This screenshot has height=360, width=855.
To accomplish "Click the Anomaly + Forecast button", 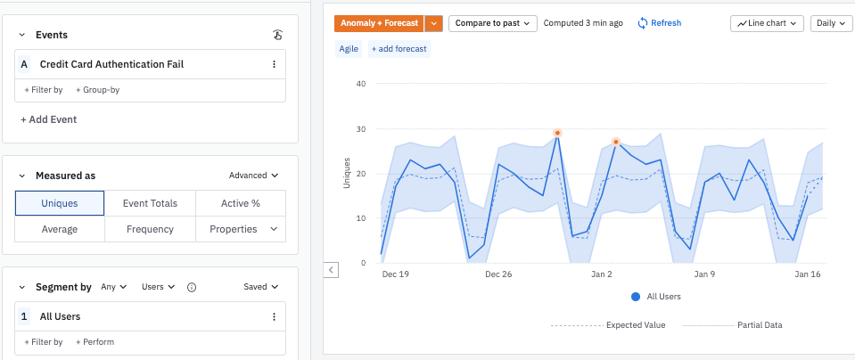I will pos(378,23).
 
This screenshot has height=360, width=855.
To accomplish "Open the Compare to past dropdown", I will pos(492,23).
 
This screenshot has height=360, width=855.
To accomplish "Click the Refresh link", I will pos(659,23).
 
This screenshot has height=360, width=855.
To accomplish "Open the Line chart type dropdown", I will pos(767,23).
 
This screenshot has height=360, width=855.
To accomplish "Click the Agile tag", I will pos(349,49).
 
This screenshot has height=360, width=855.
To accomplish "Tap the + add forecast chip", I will pos(399,49).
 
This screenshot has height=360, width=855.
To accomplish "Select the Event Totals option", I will pos(150,203).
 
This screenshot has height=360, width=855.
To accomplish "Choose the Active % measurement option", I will pos(240,203).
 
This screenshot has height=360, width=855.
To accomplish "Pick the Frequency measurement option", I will pos(150,229).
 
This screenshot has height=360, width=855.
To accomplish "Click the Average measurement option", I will pos(60,229).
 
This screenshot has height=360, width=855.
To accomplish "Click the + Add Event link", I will pos(49,119).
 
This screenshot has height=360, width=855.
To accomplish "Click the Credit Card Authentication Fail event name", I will pos(111,64).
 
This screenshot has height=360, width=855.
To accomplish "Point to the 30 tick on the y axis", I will pos(361,129).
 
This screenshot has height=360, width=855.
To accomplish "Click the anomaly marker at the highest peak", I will pos(557,134).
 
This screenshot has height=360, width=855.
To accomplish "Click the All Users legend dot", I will pos(635,297).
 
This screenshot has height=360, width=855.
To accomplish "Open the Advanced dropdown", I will pos(253,176).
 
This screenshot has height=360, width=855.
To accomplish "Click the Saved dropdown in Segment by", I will pos(260,287).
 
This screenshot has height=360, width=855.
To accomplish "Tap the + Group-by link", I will pos(97,90).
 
